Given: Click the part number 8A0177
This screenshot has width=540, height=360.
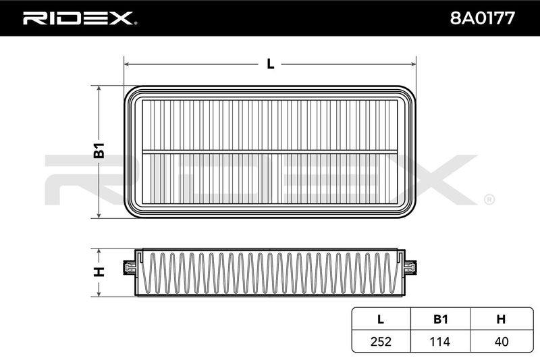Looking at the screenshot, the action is [x=482, y=18].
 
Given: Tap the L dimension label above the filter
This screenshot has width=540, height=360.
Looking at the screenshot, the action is [x=271, y=63].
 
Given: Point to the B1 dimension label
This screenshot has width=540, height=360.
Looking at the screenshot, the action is [x=99, y=150].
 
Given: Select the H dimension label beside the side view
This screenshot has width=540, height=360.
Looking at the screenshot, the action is [x=99, y=272].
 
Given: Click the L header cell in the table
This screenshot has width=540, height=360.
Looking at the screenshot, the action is [x=380, y=319].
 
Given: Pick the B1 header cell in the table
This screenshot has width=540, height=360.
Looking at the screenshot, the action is [x=441, y=319].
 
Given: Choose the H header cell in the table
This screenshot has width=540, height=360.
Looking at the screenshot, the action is [x=501, y=319].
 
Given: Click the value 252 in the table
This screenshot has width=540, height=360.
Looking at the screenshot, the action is [x=381, y=341].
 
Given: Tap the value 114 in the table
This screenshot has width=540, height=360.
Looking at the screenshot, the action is [x=440, y=341].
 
